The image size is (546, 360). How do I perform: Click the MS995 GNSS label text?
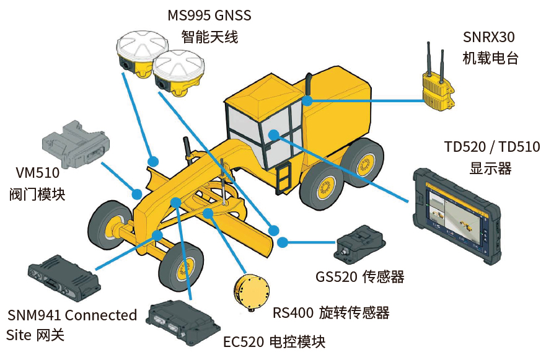(209, 15)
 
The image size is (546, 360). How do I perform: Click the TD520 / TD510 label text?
(492, 147)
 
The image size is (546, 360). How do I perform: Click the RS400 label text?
(331, 312)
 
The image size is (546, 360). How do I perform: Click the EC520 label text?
(273, 341)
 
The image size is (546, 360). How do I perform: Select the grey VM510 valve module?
(76, 142)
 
